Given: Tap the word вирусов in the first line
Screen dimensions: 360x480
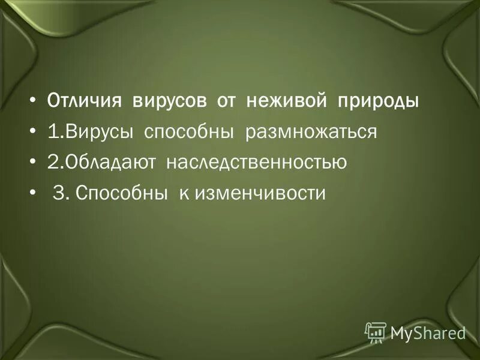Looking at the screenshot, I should pyautogui.click(x=170, y=101).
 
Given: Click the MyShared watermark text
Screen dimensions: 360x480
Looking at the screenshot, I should pyautogui.click(x=428, y=332).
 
